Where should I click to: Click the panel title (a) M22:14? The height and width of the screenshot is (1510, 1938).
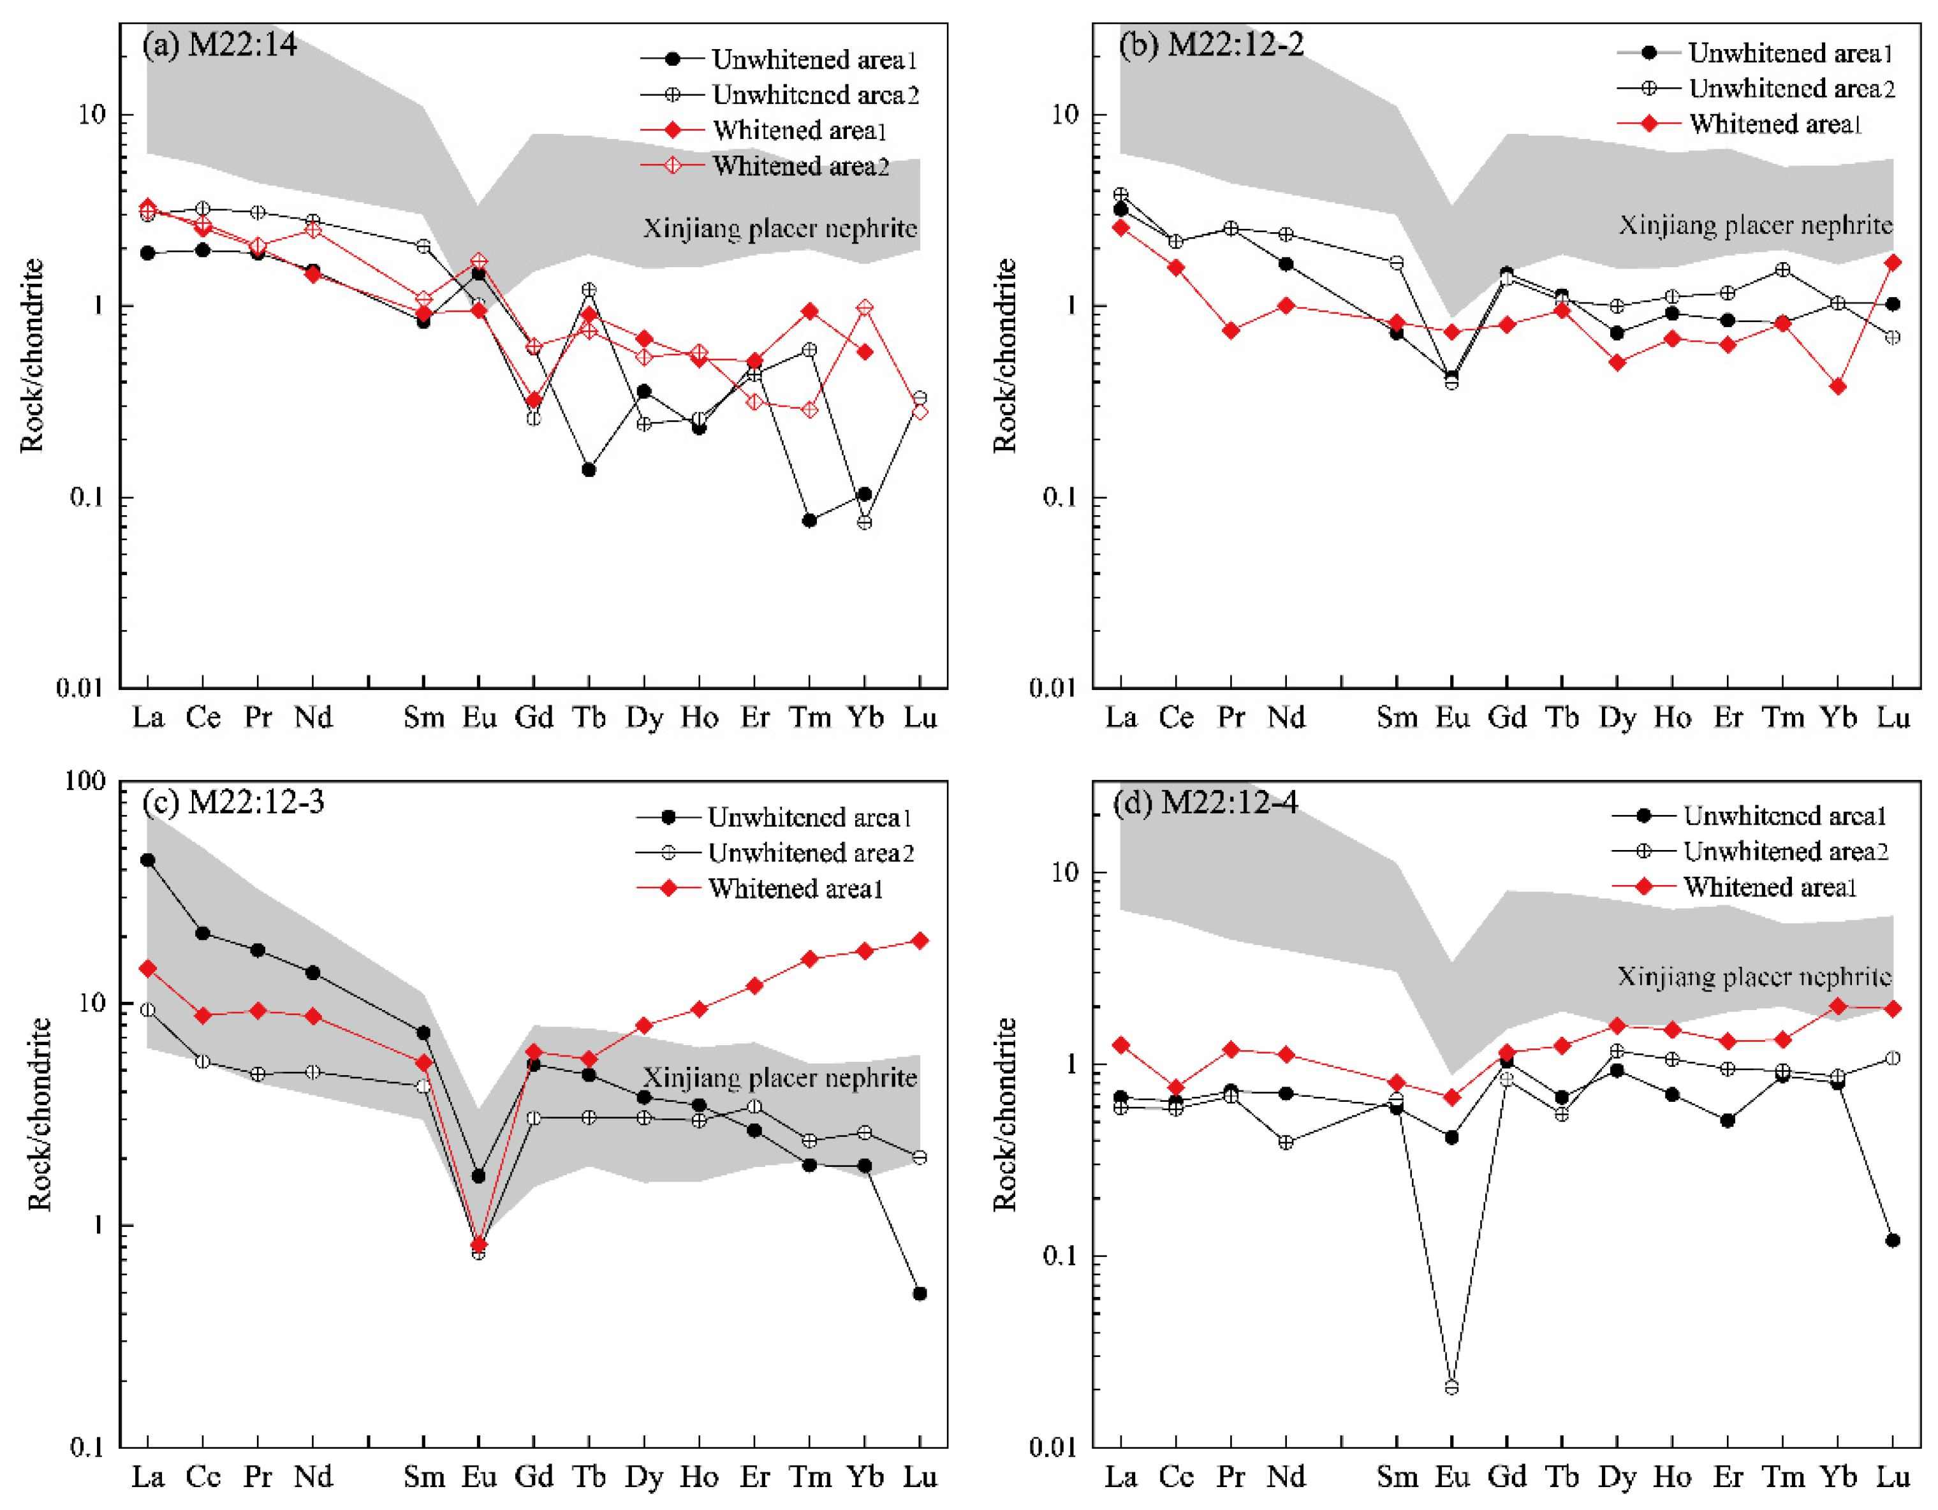tap(219, 45)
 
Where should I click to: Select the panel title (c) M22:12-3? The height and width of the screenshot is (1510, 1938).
tap(233, 802)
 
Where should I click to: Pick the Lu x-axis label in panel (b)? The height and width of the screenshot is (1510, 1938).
tap(1893, 717)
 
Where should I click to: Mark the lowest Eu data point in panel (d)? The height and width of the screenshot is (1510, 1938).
tap(1451, 1388)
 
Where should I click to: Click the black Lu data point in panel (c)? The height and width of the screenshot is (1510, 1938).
tap(920, 1294)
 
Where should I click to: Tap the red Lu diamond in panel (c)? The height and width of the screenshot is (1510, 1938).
tap(920, 941)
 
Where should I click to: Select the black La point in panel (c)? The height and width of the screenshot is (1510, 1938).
tap(147, 860)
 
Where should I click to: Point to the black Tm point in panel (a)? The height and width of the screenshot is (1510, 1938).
tap(809, 520)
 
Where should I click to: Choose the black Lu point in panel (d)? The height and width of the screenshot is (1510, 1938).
tap(1893, 1240)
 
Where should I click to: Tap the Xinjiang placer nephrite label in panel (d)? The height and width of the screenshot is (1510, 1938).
tap(1754, 977)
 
